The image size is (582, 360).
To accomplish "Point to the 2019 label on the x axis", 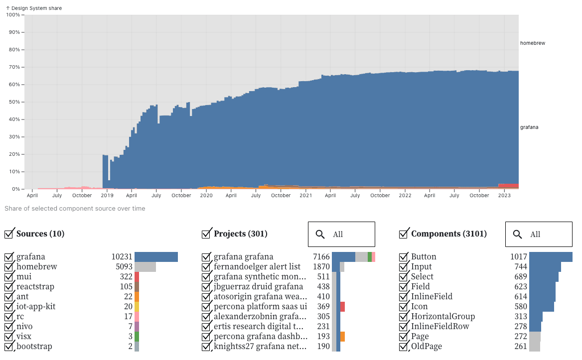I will point(108,196).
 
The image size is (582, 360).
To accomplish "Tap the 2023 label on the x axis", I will point(505,196).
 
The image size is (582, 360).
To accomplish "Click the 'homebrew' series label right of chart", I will point(532,43).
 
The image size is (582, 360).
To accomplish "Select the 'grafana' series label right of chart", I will point(529,127).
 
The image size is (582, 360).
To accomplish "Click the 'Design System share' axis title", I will point(33,8).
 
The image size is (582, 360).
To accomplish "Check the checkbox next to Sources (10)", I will point(9,234).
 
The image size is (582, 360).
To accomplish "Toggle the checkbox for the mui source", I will point(9,277).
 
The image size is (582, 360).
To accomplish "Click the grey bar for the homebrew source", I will point(145,267).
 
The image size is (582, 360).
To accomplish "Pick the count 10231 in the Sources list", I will point(122,257).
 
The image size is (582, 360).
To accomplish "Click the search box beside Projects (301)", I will point(341,235).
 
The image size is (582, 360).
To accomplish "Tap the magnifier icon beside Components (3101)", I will point(518,235).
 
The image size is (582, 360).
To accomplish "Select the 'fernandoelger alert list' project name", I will point(257,267).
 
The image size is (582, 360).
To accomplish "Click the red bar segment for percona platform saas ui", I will point(343,307).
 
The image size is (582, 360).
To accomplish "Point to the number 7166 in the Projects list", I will point(321,257).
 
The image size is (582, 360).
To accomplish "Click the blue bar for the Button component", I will point(551,257).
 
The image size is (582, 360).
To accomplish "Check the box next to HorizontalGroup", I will point(404,317).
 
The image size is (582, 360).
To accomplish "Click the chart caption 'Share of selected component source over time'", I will point(75,209).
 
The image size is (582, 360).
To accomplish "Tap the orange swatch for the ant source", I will point(137,297).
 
